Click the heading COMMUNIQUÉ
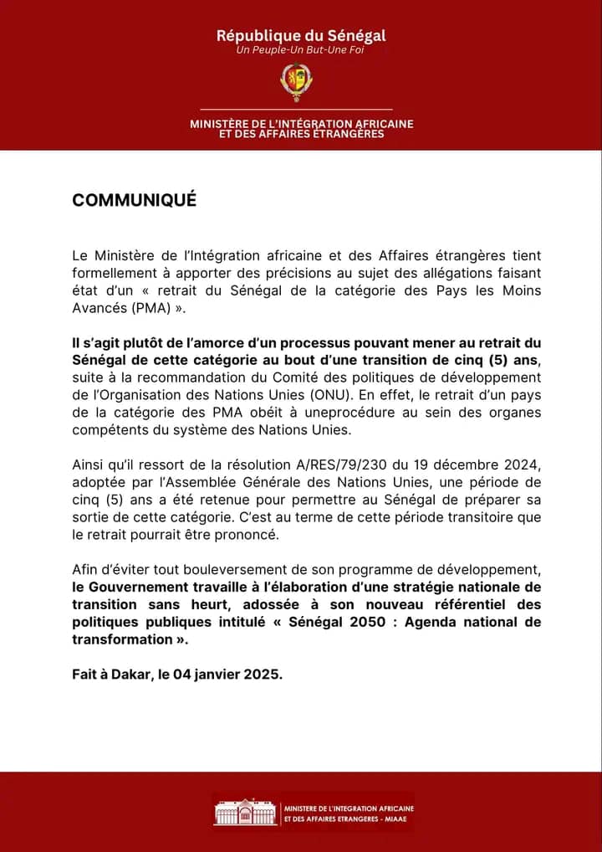click(134, 201)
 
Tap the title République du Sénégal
click(301, 35)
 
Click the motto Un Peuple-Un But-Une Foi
click(301, 50)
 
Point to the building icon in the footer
click(245, 813)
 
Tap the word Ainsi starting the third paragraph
click(89, 465)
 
